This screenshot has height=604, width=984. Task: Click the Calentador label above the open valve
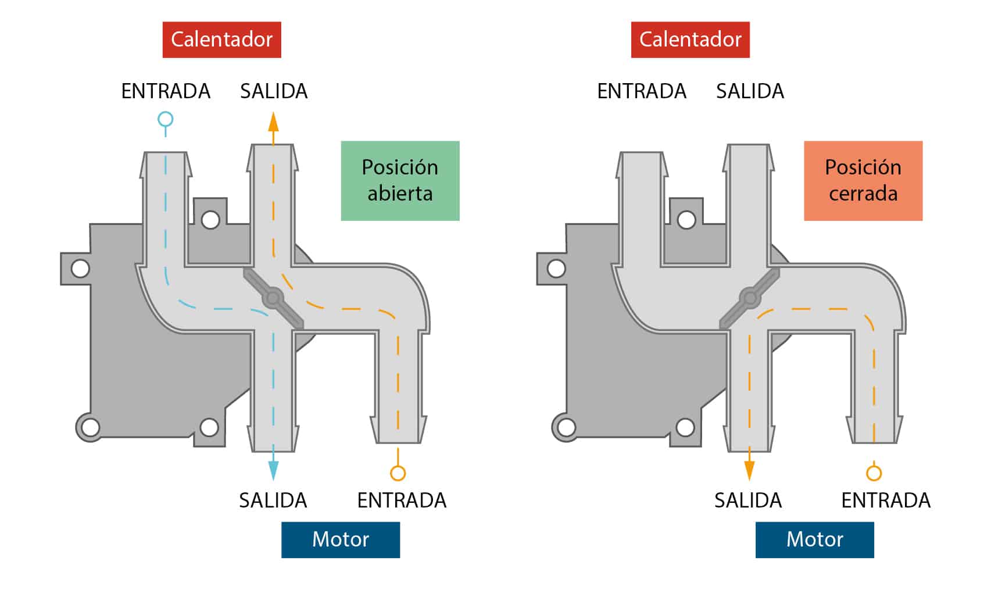coord(222,40)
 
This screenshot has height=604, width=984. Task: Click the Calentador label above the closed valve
coord(690,40)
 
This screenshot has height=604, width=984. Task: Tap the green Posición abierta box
coord(400,181)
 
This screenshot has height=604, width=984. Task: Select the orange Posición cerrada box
coord(863,181)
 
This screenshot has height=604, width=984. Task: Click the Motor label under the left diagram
coord(341,539)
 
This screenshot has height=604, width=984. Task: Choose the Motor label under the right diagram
coord(814,539)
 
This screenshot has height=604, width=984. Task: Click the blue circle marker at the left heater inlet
coord(166,119)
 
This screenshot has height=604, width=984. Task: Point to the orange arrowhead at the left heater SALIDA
coord(273,121)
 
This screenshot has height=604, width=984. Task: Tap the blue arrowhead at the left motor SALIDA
coord(273,471)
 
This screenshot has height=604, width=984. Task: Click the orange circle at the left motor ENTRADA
coord(398,473)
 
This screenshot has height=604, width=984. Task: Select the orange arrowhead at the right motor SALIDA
coord(749,471)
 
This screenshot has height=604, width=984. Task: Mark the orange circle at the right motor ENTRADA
coord(874,473)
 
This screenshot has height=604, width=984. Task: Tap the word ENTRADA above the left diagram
coord(166,91)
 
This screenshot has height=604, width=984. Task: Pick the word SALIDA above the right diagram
coord(750,91)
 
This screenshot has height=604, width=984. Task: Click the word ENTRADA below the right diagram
coord(886,501)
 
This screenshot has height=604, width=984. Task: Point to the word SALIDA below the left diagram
coord(273,501)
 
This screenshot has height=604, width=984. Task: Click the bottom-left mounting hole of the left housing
coord(91,427)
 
